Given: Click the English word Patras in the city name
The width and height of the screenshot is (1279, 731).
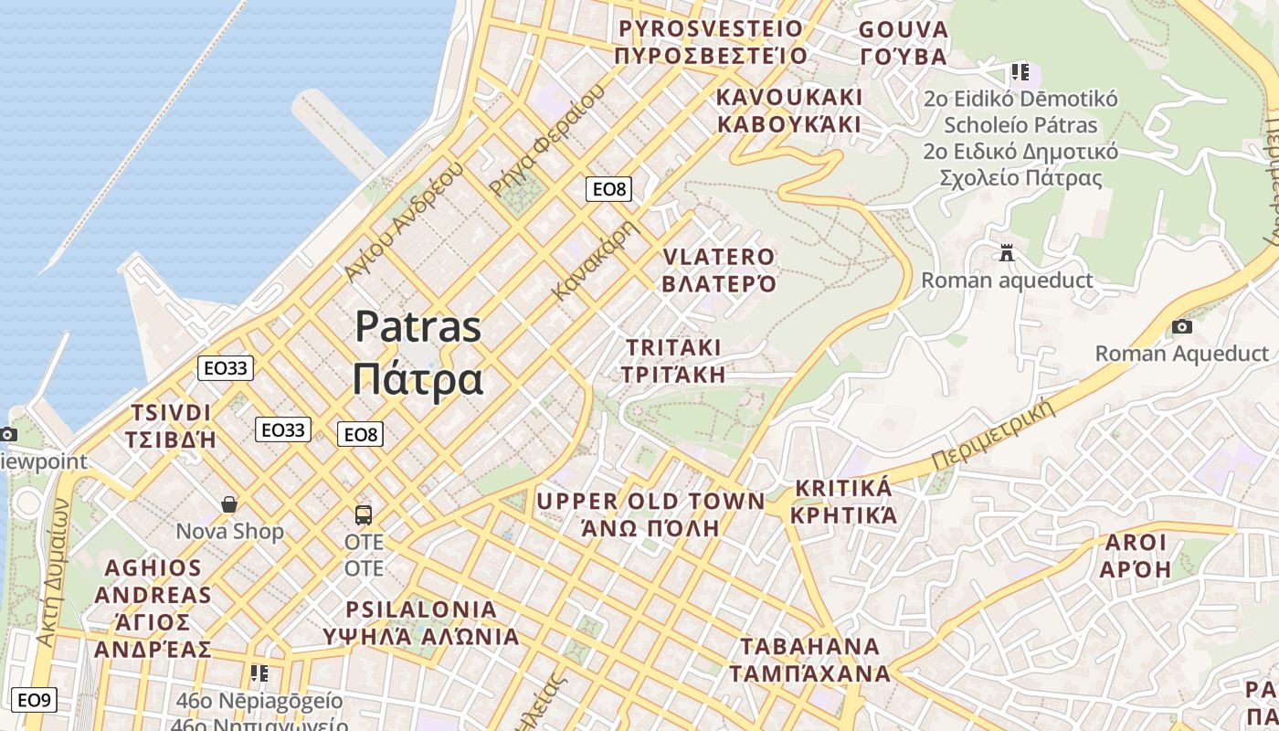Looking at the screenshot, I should pos(418,326).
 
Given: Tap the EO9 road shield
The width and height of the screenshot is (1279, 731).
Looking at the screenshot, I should pos(34,700).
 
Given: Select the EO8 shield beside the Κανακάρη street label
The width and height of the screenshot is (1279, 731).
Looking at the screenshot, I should pos(608,189).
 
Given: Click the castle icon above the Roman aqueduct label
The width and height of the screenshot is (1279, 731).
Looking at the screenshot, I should pos(1007,252).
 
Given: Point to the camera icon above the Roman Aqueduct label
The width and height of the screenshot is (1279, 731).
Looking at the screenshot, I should pos(1181,326).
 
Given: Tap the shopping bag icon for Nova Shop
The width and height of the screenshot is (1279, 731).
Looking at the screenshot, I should pos(229,504).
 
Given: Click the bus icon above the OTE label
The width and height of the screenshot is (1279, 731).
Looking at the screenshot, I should pos(364,514).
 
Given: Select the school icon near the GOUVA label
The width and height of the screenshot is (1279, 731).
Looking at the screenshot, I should pos(1020,71).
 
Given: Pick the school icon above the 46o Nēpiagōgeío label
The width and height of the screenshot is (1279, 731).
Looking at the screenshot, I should pos(259,673).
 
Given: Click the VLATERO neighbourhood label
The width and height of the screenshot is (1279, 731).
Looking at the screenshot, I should pos(718,257).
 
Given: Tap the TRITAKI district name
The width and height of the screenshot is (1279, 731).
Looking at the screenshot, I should pos(673,348).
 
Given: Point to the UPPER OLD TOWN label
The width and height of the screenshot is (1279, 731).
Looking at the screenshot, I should pos(650,501).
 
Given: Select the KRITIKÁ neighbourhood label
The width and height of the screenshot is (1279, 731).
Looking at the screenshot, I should pos(843,488).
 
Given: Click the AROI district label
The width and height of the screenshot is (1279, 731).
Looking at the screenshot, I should pos(1136,543).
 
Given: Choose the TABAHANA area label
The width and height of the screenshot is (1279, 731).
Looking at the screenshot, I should pos(809,647).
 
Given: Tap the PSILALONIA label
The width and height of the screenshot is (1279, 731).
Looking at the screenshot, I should pos(421,609).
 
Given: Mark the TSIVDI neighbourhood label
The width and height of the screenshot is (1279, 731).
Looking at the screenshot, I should pos(171,413).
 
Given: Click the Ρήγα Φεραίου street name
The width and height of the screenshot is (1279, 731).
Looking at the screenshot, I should pos(546,141).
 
